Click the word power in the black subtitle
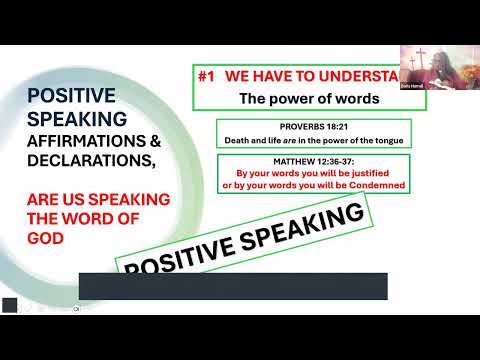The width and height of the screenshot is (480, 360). [x=300, y=98]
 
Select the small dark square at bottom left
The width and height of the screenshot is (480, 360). [x=9, y=305]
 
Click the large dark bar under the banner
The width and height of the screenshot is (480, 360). [x=232, y=285]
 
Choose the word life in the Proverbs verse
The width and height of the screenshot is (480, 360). [x=275, y=139]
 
